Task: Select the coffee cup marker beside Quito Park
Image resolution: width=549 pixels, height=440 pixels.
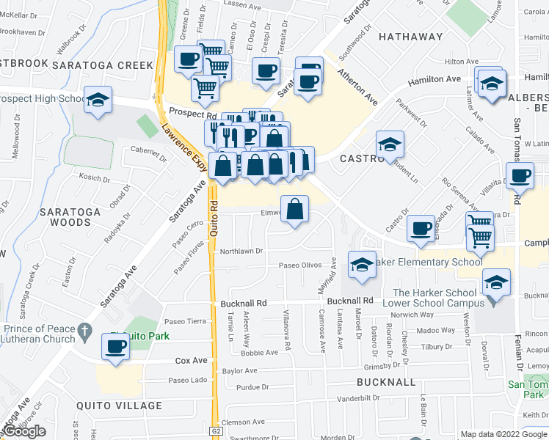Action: [x=115, y=345]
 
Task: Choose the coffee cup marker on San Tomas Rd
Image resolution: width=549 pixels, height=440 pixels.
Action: [x=520, y=176]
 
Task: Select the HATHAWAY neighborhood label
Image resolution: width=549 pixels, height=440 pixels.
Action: [x=410, y=37]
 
